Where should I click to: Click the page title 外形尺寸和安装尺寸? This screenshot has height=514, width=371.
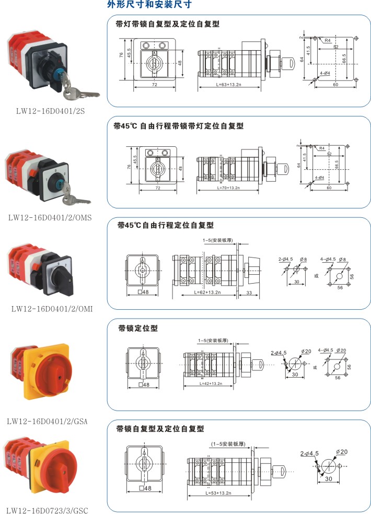[x=149, y=5]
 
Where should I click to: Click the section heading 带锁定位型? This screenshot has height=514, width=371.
[x=137, y=329]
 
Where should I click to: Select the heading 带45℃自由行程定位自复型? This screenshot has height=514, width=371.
[x=166, y=225]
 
